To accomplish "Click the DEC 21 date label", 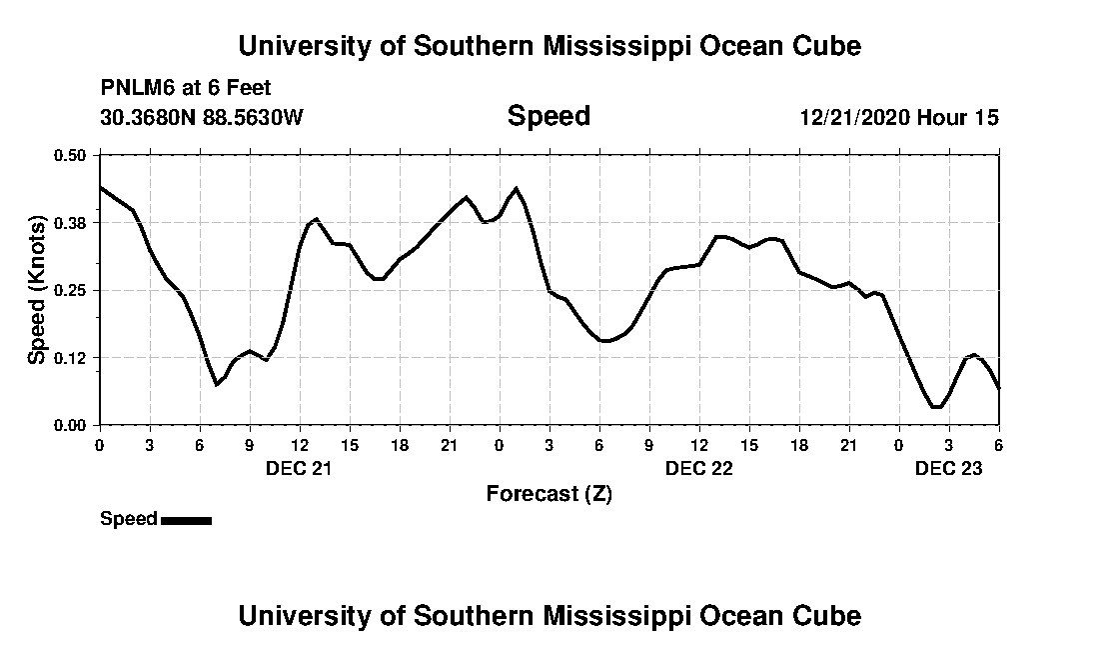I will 299,468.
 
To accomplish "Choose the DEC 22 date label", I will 699,468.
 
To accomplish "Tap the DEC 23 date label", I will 949,468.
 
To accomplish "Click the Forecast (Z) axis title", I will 549,494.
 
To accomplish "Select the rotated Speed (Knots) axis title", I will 37,290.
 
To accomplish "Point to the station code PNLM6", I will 136,88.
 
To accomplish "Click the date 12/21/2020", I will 854,117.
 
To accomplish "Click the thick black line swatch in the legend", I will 186,520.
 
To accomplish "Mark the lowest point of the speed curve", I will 936,407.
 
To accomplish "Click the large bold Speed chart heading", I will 549,116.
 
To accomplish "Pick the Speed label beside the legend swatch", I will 128,519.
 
